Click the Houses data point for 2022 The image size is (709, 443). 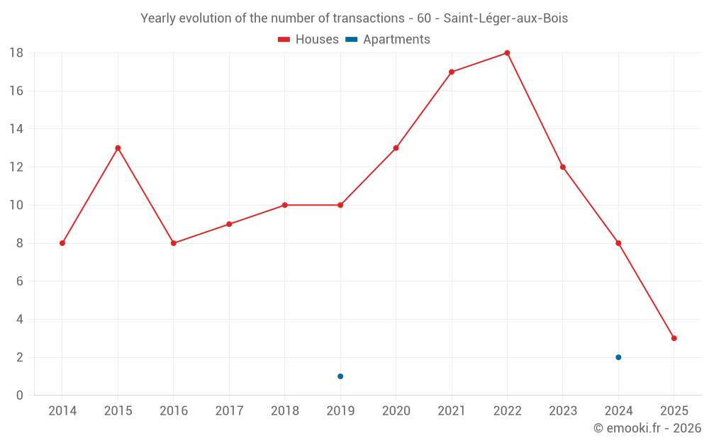[507, 53]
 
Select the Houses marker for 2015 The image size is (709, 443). [118, 148]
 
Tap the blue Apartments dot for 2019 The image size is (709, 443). [340, 376]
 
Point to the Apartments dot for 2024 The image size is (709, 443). [618, 357]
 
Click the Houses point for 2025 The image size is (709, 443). [674, 338]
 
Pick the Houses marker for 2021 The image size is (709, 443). [452, 72]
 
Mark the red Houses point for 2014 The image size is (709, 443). [62, 243]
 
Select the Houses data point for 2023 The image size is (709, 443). [563, 167]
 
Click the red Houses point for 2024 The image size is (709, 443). [618, 243]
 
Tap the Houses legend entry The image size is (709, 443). [308, 40]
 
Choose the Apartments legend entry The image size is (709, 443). [388, 40]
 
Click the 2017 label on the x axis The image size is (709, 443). [229, 411]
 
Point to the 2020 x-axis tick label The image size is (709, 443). [396, 411]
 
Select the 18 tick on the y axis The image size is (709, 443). [16, 53]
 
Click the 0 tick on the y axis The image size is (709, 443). [20, 396]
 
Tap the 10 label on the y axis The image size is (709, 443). [16, 206]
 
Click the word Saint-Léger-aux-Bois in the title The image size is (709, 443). [506, 18]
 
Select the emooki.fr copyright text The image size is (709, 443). [647, 428]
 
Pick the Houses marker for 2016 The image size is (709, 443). [174, 243]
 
